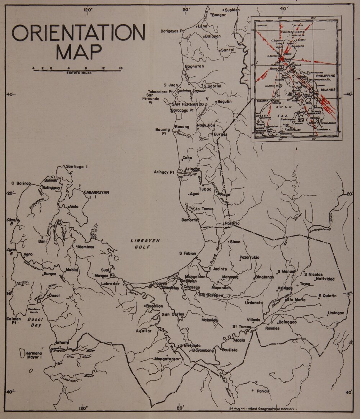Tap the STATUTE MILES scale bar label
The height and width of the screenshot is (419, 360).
pos(79,73)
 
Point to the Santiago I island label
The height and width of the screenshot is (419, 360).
pos(77,166)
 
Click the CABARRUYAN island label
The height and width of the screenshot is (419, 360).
pos(96,192)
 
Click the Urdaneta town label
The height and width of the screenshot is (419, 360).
pos(254,303)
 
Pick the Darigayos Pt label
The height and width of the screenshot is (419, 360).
pos(172,31)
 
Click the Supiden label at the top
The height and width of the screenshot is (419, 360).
pos(232,10)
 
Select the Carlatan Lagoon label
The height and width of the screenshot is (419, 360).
pos(191,91)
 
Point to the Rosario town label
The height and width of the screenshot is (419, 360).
pos(232,223)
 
